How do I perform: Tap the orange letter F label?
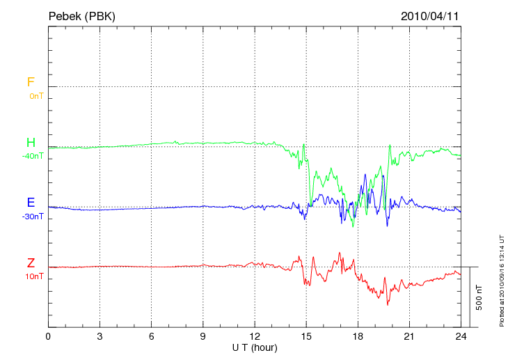tap(31, 82)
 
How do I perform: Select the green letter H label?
tap(31, 143)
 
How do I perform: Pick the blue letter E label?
tap(31, 203)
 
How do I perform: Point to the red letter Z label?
tap(31, 263)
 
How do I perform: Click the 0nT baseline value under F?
tap(35, 95)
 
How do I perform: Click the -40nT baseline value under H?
tap(33, 156)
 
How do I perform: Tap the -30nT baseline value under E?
tap(33, 217)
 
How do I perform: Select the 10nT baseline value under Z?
tap(34, 276)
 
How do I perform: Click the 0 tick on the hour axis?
tap(48, 336)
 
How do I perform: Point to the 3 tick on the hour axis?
tap(100, 336)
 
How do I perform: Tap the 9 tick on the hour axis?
tap(203, 336)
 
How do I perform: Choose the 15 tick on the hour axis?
tap(306, 336)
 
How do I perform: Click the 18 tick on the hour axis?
tap(358, 336)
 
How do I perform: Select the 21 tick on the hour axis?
tap(409, 336)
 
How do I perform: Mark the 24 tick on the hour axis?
tap(461, 336)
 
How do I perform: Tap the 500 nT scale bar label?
tap(479, 297)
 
